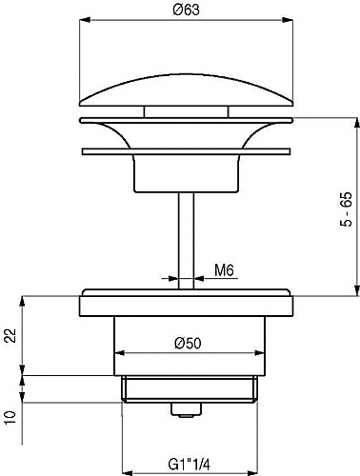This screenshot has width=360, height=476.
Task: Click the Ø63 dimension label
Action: [x=187, y=10]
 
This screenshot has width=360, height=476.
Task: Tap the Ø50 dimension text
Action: [x=188, y=343]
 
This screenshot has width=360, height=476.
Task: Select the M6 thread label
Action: [x=224, y=270]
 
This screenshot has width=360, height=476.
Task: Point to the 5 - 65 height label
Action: [x=347, y=209]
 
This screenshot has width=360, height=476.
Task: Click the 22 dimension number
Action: [x=10, y=335]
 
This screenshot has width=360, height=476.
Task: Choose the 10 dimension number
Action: [x=10, y=418]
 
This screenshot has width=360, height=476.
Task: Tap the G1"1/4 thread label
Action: [x=190, y=466]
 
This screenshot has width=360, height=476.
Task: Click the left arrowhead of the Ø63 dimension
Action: [x=84, y=20]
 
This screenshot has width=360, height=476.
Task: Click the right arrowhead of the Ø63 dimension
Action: [x=288, y=20]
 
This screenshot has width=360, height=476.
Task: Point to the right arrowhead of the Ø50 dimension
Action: [x=260, y=353]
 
